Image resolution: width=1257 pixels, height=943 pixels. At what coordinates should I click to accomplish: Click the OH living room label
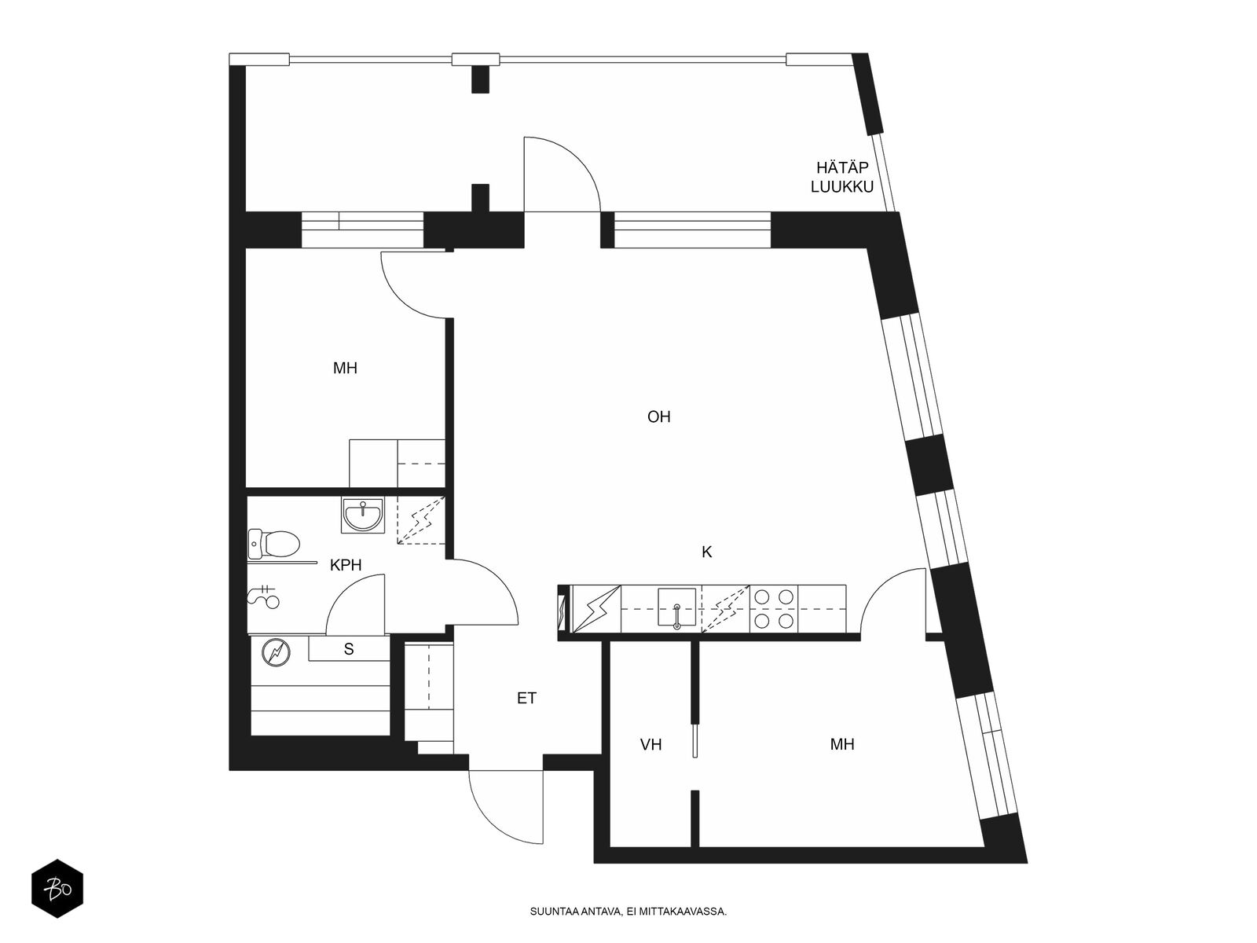pos(658,416)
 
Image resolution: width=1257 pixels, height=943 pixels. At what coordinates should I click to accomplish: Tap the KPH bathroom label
pos(346,565)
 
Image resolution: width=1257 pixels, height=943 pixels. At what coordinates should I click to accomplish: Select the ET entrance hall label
pos(527,698)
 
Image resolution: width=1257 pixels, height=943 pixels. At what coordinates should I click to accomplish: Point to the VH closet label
pos(651,744)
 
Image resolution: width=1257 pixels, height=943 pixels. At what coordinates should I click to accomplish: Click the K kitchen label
pos(706,552)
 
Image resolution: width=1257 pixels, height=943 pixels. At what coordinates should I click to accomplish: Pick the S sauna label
pos(349,649)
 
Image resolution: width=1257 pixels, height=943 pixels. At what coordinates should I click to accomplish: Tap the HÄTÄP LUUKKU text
pos(842,177)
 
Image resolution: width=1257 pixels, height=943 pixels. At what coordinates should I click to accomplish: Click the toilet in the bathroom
pos(273,544)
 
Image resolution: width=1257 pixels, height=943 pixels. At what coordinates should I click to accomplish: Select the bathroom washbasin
pos(362,515)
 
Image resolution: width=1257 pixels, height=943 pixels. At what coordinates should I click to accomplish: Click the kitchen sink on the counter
pos(677,608)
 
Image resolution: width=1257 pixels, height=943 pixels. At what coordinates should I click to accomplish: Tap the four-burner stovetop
pos(774,608)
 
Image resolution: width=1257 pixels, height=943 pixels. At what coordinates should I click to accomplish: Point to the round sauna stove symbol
pos(276,652)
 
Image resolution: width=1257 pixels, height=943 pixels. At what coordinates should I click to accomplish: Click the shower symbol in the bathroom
pos(264,596)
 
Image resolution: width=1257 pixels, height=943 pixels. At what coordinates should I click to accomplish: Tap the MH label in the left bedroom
pos(346,368)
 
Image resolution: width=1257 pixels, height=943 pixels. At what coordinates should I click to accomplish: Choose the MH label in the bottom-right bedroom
pos(842,744)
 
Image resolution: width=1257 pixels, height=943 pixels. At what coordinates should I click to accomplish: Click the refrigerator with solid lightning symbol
pos(596,609)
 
